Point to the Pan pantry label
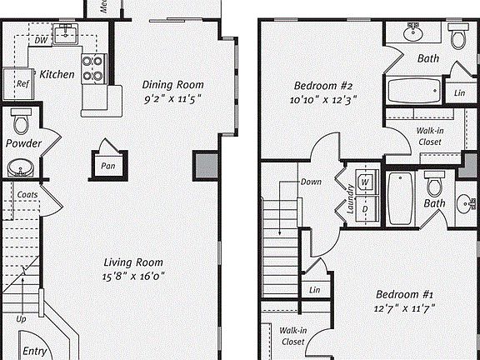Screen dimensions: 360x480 107,165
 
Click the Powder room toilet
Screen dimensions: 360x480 20,122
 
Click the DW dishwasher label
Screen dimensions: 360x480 41,39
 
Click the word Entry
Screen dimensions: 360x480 33,351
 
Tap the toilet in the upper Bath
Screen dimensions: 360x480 457,37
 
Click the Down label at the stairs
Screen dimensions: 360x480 311,182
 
